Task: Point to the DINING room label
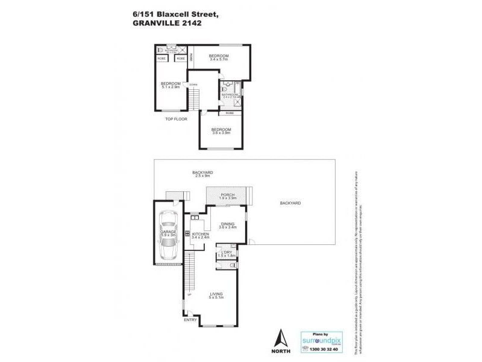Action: [x=227, y=224]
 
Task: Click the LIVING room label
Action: [x=216, y=294]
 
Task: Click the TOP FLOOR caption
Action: [x=177, y=119]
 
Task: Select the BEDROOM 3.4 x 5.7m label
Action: [x=218, y=56]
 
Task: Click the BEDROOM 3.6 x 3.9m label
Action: [x=221, y=130]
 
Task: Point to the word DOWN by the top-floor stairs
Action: [x=193, y=84]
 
